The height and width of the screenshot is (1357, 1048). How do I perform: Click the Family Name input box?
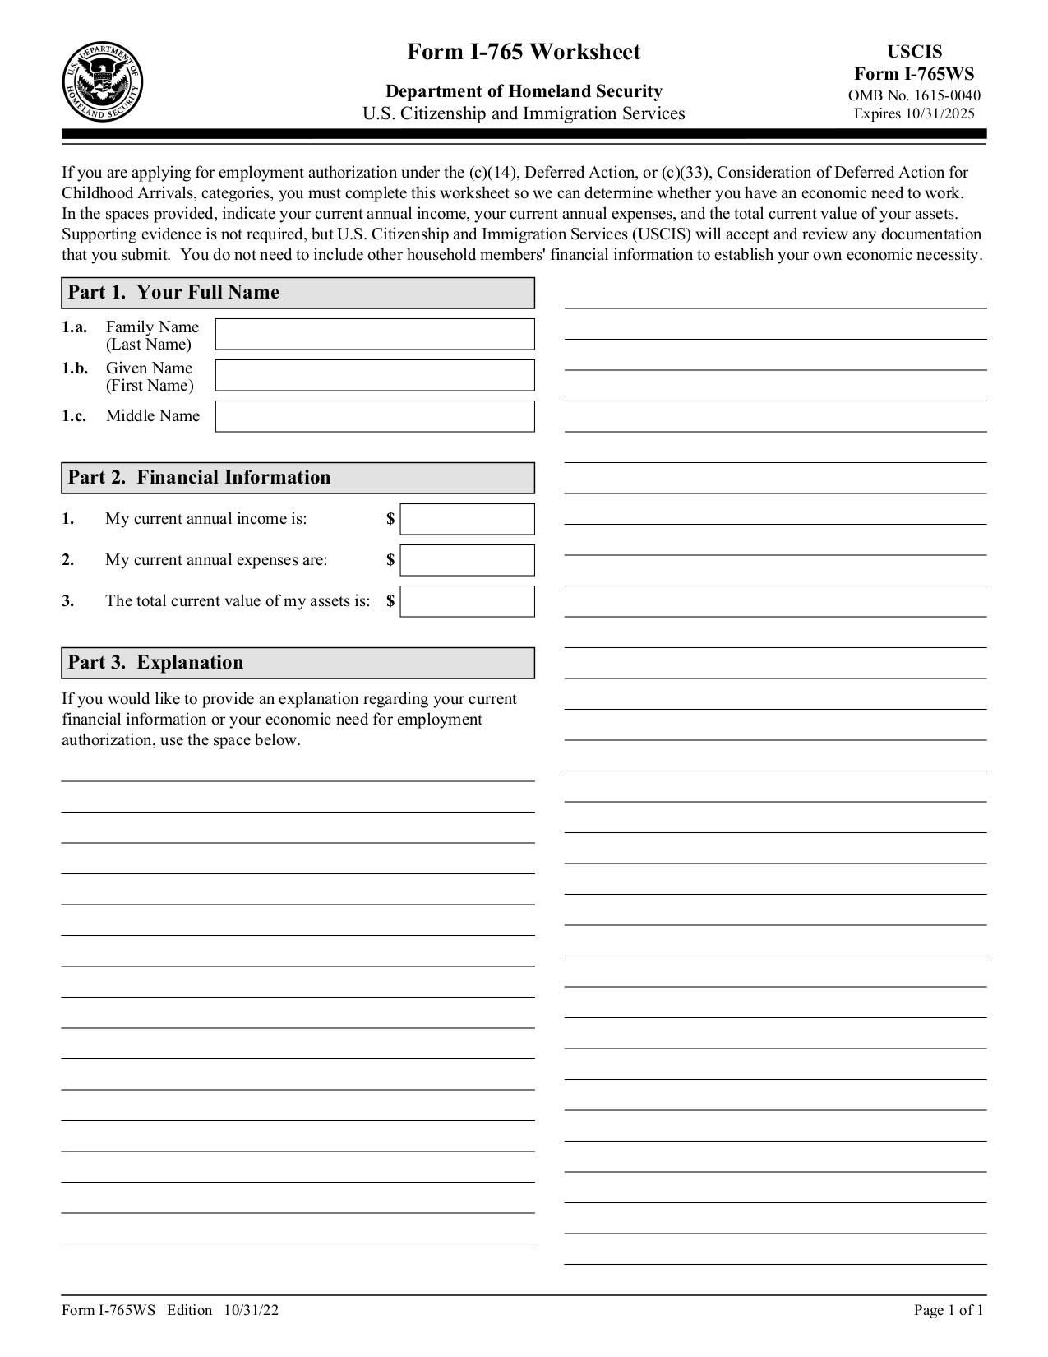375,334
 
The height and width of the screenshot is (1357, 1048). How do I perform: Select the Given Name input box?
375,375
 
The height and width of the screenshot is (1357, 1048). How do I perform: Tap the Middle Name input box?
375,416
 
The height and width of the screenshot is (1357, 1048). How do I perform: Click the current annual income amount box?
467,519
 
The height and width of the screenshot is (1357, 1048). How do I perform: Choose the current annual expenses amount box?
467,560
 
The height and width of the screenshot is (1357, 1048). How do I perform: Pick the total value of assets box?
467,601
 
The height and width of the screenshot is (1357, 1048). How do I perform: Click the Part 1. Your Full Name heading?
173,293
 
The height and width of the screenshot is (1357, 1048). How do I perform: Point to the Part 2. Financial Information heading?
199,478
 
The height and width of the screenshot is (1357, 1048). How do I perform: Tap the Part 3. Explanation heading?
155,663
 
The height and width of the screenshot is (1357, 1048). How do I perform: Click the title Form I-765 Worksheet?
524,53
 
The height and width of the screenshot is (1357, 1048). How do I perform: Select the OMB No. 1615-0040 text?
914,95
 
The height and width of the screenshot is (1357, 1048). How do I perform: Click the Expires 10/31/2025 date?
914,113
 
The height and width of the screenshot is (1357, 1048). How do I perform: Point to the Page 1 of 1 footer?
948,1310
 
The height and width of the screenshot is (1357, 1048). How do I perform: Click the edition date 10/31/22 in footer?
250,1310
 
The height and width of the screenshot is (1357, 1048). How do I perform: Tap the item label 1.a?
74,327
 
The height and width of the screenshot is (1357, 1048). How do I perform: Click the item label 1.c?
74,416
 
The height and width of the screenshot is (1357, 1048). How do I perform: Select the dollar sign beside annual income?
390,519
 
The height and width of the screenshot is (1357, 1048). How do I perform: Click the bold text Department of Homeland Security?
524,91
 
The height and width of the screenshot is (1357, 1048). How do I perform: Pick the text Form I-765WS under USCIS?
914,74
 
